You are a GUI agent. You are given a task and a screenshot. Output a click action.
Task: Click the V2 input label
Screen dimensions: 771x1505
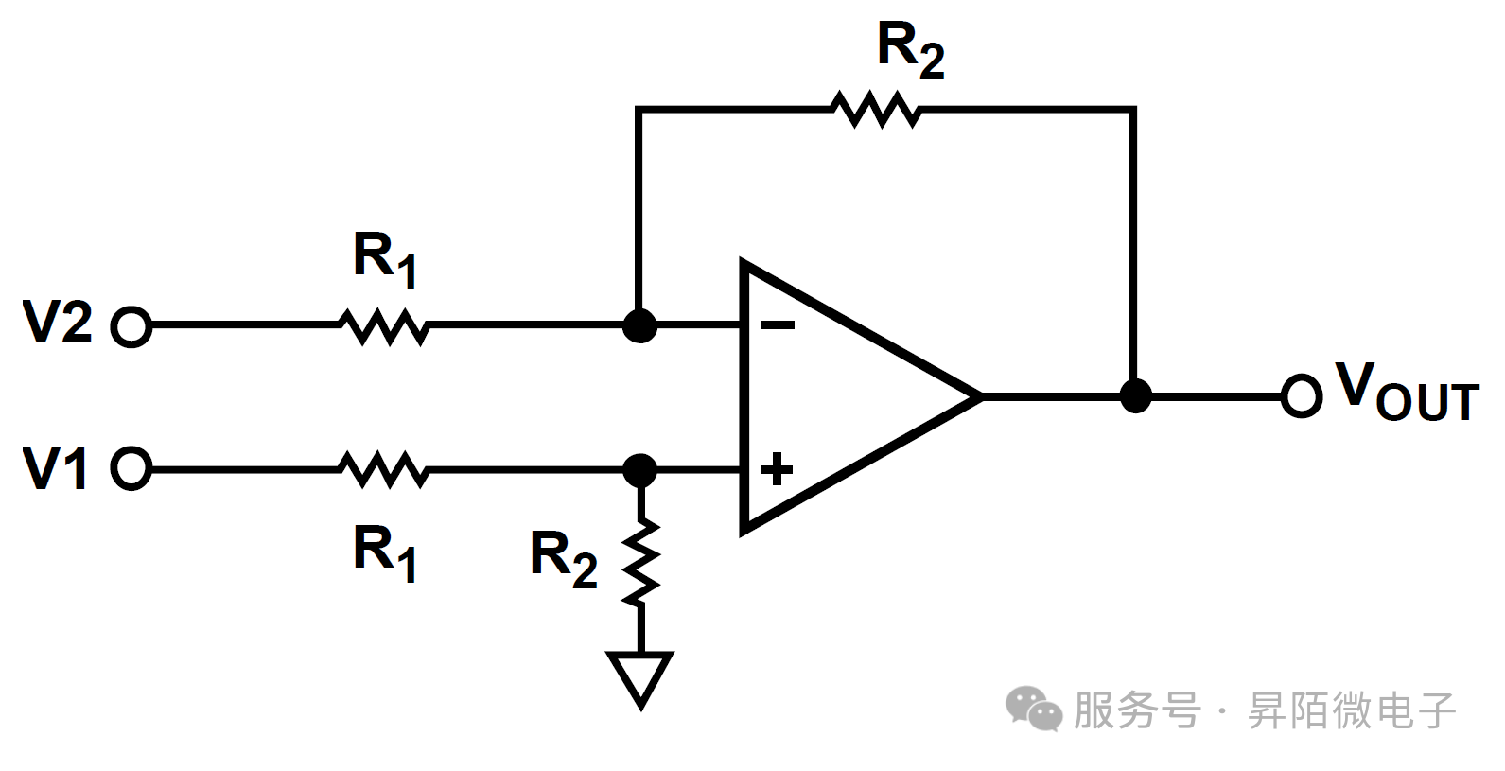[58, 323]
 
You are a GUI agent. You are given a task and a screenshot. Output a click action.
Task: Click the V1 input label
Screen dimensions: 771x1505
[56, 467]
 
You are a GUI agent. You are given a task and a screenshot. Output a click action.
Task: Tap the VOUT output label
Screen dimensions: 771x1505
[1406, 392]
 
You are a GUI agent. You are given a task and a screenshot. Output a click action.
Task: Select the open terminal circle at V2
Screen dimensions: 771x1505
[131, 327]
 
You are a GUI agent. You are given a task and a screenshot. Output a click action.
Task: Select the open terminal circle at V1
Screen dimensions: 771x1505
[131, 468]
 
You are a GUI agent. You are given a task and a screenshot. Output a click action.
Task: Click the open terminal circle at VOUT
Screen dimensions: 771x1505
[1301, 396]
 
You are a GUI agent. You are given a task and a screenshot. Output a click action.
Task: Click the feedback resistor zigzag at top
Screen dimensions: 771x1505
[876, 110]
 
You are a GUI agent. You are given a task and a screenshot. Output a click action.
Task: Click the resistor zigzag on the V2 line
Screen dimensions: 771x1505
[384, 326]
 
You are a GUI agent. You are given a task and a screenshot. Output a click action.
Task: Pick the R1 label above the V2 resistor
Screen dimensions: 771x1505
[385, 259]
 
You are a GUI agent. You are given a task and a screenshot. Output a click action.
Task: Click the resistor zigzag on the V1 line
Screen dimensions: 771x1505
[384, 469]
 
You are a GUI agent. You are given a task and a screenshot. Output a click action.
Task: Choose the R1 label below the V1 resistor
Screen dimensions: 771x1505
[385, 554]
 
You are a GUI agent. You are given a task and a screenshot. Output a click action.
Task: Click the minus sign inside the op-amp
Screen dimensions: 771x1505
[778, 325]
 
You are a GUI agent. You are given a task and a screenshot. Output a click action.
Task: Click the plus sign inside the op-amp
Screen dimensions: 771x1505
[777, 468]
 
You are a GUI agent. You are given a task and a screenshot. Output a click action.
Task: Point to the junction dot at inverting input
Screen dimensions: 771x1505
[640, 326]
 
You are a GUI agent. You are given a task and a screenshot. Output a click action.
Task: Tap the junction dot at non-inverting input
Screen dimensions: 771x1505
[640, 469]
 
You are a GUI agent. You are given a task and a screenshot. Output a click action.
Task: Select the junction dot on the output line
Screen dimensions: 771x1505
[1134, 396]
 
